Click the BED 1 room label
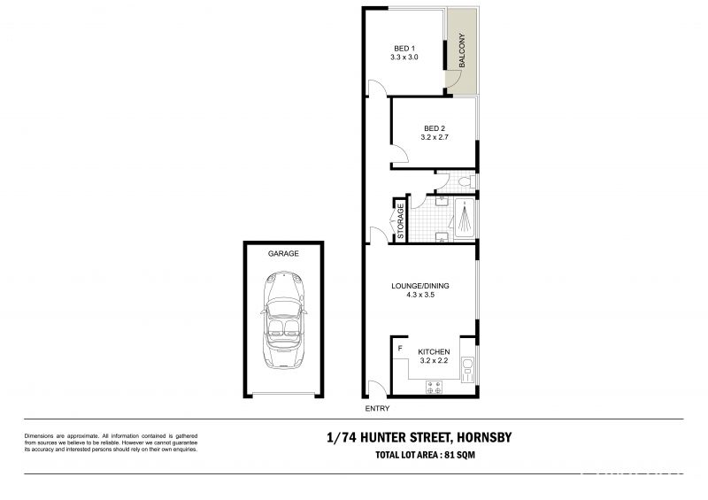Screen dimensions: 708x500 [x=404, y=49]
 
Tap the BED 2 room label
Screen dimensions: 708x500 [x=435, y=128]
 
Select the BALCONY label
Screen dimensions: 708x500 [x=462, y=50]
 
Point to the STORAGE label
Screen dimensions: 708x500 [x=401, y=221]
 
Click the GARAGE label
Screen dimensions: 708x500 [x=283, y=253]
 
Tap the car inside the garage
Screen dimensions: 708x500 [x=283, y=319]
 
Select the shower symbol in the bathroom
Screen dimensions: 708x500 [x=464, y=219]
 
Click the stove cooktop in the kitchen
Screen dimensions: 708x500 [x=435, y=388]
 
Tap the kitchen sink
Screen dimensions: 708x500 [x=467, y=368]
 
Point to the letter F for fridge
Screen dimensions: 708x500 [x=400, y=349]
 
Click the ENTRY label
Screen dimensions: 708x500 [x=377, y=408]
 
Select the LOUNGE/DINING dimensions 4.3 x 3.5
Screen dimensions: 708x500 [x=419, y=295]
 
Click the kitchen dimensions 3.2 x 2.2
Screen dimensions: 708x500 [x=434, y=360]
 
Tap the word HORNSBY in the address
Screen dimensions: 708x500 [x=484, y=437]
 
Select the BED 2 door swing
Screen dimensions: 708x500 [x=399, y=154]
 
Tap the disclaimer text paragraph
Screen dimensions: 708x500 [x=112, y=442]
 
